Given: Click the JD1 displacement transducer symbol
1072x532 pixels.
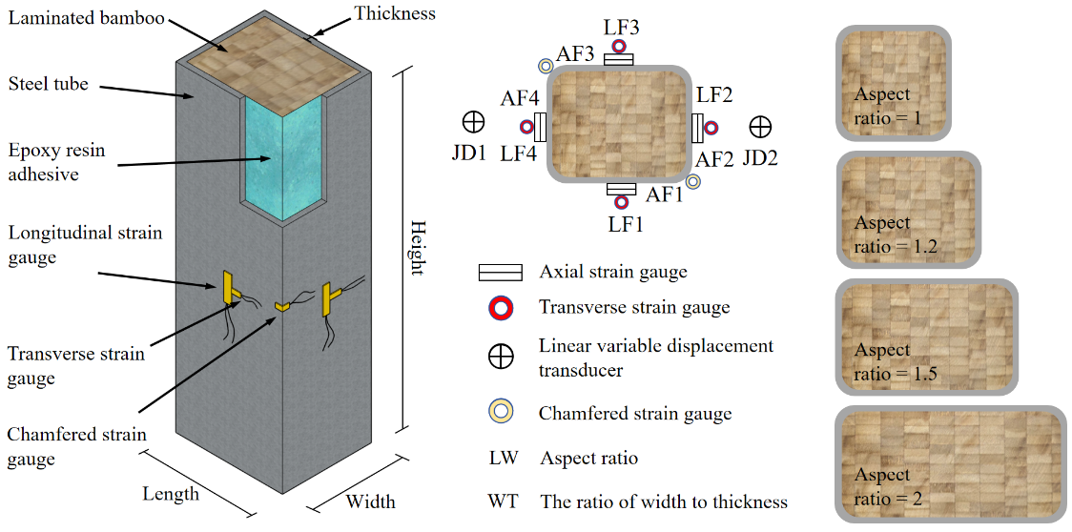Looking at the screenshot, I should (473, 122).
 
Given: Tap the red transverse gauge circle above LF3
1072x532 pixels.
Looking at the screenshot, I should (619, 45).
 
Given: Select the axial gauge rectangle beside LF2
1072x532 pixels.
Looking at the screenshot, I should (697, 126).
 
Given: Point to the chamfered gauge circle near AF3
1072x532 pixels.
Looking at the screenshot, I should (545, 66).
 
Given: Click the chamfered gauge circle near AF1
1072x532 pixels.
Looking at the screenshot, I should (693, 181).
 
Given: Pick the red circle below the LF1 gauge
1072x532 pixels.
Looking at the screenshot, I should (621, 201).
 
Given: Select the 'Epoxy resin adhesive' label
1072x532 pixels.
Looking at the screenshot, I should (56, 162).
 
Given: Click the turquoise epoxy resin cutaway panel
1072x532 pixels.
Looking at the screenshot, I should (283, 157).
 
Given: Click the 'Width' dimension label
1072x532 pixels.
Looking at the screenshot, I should (370, 501).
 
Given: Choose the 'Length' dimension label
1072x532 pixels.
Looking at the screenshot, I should (171, 493).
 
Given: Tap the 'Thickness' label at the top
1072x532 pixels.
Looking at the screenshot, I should (394, 13).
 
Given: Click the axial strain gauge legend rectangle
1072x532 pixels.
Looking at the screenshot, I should (501, 273).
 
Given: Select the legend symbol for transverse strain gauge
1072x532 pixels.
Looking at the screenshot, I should (501, 307).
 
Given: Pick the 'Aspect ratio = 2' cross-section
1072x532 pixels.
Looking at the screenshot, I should (949, 464).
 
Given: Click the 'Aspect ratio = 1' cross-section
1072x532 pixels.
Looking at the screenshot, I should (894, 83).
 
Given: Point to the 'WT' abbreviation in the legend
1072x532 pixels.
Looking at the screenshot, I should (503, 501).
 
